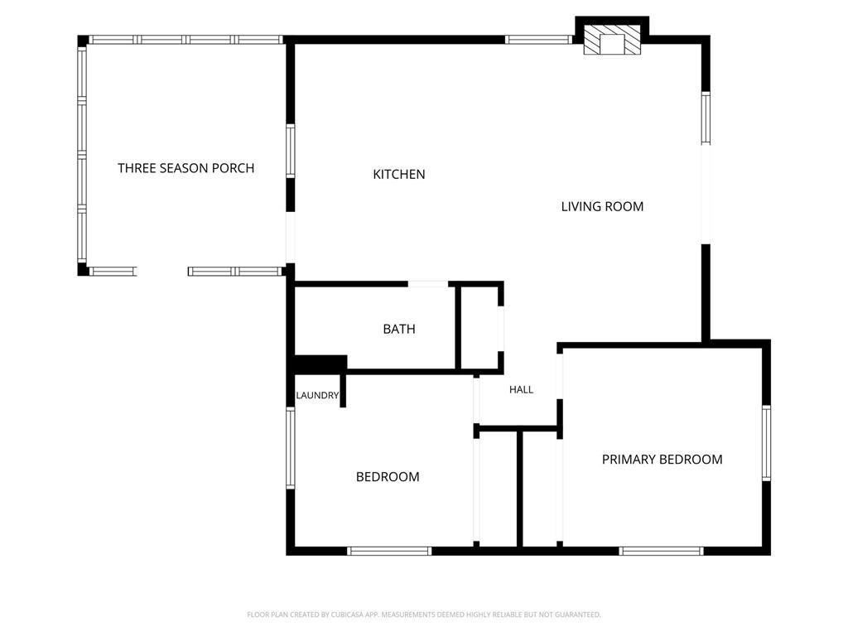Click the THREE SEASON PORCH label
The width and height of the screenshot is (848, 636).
[x=186, y=168]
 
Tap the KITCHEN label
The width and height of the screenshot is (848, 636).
[x=399, y=174]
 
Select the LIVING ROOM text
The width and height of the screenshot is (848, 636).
[x=602, y=206]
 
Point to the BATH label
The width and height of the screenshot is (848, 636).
[x=399, y=329]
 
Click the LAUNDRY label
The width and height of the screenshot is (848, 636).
[x=317, y=395]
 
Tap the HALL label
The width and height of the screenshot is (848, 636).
[x=522, y=389]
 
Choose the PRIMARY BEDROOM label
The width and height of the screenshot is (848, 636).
[x=662, y=459]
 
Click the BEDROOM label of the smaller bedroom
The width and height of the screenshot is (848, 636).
[x=388, y=476]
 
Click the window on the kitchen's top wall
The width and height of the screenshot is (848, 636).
[x=538, y=40]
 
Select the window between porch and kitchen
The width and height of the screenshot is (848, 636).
[x=291, y=151]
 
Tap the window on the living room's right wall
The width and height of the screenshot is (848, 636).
[x=706, y=118]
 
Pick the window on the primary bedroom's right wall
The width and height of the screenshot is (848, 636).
[x=766, y=443]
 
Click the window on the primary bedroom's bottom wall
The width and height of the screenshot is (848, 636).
[x=662, y=551]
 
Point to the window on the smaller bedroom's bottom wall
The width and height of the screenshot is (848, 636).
[x=389, y=551]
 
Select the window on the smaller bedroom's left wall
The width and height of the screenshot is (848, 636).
[x=291, y=448]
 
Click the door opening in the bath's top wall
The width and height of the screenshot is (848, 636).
[x=428, y=284]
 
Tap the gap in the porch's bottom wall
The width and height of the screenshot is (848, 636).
[x=162, y=272]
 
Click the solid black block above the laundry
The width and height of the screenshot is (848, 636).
[x=320, y=364]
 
